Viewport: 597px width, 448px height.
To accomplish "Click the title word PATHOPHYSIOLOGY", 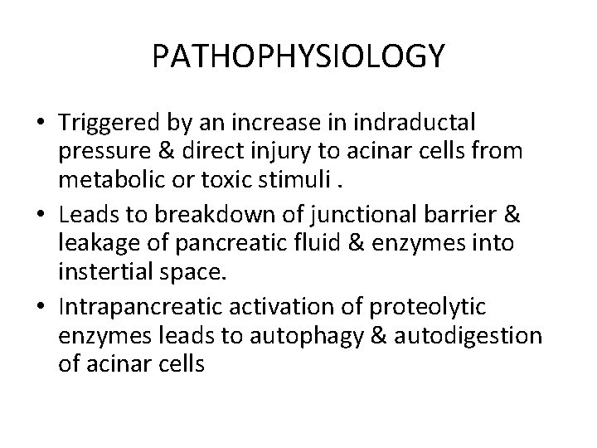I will coord(298,56).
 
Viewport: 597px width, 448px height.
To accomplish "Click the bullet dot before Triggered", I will coord(40,124).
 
